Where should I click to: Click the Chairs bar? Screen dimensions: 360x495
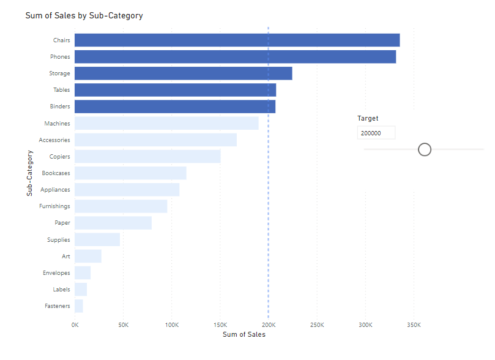[237, 40]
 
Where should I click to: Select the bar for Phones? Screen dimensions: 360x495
[235, 57]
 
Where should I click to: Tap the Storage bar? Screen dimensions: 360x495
[183, 73]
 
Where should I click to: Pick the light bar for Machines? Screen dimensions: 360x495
[166, 123]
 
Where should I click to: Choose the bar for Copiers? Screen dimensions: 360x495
[147, 157]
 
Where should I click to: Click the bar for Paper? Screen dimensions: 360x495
[113, 223]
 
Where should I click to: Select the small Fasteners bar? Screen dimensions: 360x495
[79, 306]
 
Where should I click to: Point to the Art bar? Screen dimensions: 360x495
[88, 256]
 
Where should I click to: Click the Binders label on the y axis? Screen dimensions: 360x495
[60, 107]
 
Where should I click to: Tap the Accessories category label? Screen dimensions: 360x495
[54, 140]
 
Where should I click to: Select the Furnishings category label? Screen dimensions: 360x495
[54, 206]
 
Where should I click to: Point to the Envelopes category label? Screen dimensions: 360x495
[56, 273]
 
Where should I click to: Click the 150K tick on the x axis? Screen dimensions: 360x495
[220, 324]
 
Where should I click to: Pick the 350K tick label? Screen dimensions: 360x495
[414, 324]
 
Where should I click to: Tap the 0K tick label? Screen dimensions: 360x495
[75, 324]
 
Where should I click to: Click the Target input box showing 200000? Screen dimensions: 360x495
[376, 133]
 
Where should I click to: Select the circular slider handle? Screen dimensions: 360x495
[425, 149]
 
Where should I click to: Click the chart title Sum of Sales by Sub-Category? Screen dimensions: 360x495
[84, 15]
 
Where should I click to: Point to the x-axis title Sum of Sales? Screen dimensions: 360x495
[244, 334]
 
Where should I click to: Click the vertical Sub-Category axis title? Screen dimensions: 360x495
[29, 173]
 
